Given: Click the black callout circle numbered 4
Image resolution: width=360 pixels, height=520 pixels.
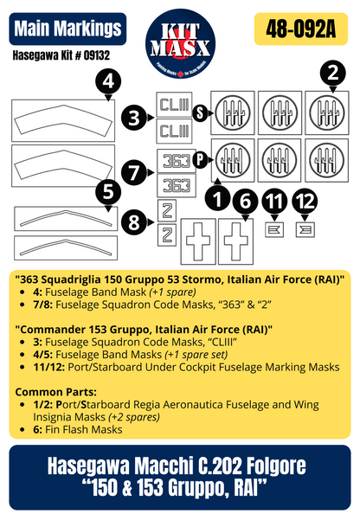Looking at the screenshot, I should [106, 82].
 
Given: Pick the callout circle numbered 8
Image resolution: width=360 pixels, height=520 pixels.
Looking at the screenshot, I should [134, 221].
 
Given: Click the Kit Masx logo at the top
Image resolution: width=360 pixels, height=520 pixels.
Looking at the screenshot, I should [180, 39].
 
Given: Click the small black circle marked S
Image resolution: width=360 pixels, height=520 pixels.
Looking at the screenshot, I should [200, 113].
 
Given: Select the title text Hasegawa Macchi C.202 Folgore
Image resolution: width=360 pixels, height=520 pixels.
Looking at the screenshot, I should [180, 467].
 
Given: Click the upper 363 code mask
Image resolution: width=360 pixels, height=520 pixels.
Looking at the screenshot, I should [175, 161].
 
